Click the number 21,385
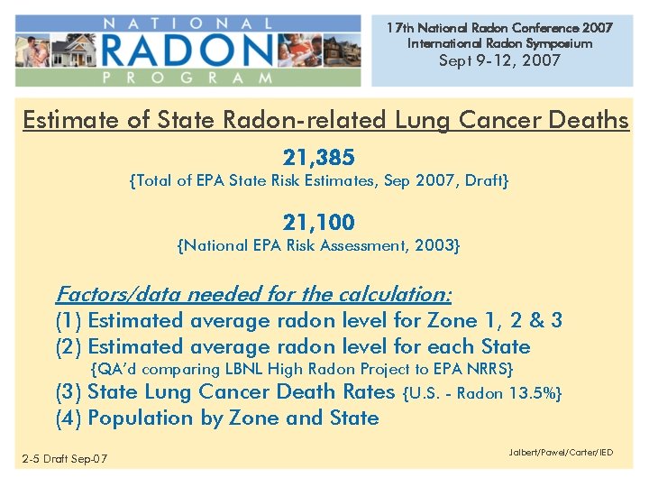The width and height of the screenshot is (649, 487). tap(318, 159)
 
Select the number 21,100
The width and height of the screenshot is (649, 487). tap(318, 222)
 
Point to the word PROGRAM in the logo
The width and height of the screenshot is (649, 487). tap(187, 78)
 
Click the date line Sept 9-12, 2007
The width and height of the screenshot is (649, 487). tap(498, 60)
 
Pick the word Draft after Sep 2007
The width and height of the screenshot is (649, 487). tap(487, 181)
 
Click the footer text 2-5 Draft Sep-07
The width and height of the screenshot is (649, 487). tap(65, 460)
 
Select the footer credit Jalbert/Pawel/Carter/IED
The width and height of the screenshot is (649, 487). tap(561, 452)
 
